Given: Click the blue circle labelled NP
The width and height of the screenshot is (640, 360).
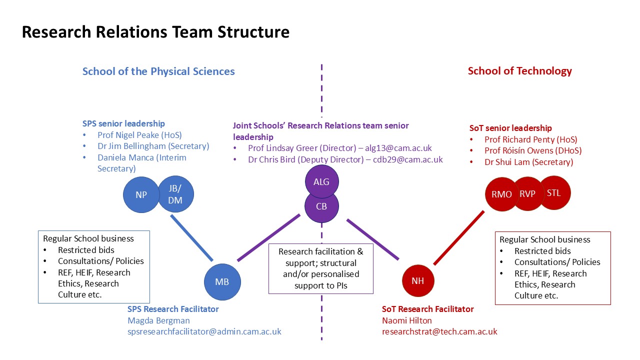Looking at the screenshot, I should tap(141, 194).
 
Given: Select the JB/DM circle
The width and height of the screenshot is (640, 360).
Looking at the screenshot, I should tap(175, 194).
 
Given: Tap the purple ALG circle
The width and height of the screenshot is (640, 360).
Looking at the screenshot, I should tap(321, 182).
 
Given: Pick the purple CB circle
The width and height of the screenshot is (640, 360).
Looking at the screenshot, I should tap(321, 205).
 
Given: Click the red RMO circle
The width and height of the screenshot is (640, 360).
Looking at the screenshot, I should tap(501, 194).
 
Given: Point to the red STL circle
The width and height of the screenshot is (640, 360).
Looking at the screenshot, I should tap(554, 192).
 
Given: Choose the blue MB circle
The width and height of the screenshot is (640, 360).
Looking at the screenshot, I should tap(222, 282).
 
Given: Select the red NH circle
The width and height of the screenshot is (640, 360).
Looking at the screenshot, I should tap(418, 281).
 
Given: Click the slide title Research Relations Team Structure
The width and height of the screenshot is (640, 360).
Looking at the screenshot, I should tap(155, 32).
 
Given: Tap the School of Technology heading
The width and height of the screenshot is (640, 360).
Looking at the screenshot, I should tap(519, 71).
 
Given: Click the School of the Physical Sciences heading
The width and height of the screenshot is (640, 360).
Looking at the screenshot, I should tap(158, 71).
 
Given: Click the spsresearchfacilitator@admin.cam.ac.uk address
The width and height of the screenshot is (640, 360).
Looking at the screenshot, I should tap(204, 331).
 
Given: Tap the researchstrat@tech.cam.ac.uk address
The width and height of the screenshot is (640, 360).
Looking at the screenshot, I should tap(439, 331).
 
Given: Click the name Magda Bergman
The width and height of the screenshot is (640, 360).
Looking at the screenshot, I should tap(158, 320).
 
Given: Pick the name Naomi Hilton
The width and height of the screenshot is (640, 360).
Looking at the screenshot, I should tap(406, 320).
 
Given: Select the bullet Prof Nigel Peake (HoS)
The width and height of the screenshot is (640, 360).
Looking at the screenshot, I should tap(139, 135).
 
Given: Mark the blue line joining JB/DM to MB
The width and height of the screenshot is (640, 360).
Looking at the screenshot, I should tap(192, 238).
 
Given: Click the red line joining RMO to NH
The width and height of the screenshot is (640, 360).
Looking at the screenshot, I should tap(458, 238).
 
